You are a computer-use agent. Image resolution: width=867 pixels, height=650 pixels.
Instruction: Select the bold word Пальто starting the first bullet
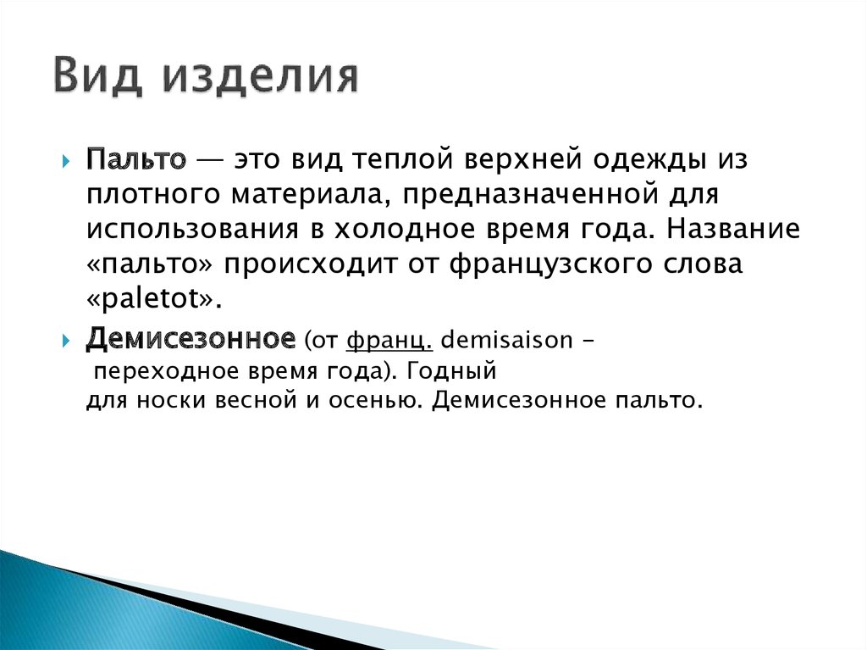pyautogui.click(x=135, y=159)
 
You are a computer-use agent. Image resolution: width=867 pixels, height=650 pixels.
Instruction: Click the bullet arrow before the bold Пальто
pyautogui.click(x=69, y=162)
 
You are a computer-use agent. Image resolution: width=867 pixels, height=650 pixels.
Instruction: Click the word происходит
pyautogui.click(x=316, y=264)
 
